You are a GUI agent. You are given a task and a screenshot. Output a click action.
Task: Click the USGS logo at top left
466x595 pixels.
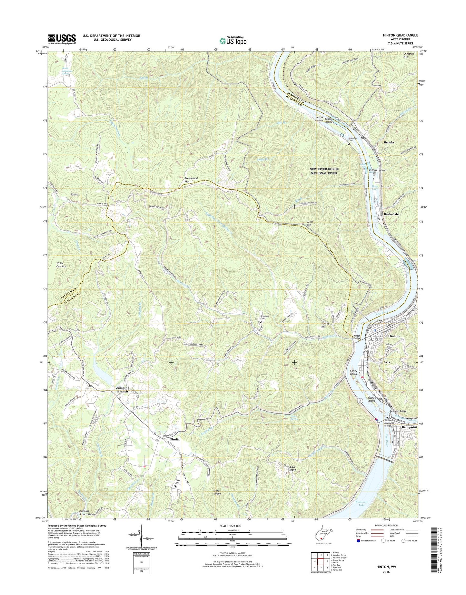coord(62,39)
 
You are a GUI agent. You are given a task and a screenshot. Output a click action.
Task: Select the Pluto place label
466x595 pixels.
coord(74,194)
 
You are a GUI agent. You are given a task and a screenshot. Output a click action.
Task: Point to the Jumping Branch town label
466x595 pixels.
coord(123,390)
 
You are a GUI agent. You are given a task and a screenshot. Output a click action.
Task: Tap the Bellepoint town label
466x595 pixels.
coord(409,427)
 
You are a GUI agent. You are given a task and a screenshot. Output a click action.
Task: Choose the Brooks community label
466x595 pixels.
coord(389,142)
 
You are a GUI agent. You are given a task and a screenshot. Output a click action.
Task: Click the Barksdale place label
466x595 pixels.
coord(393,214)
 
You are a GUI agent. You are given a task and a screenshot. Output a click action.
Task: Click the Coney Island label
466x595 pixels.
coord(353,372)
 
